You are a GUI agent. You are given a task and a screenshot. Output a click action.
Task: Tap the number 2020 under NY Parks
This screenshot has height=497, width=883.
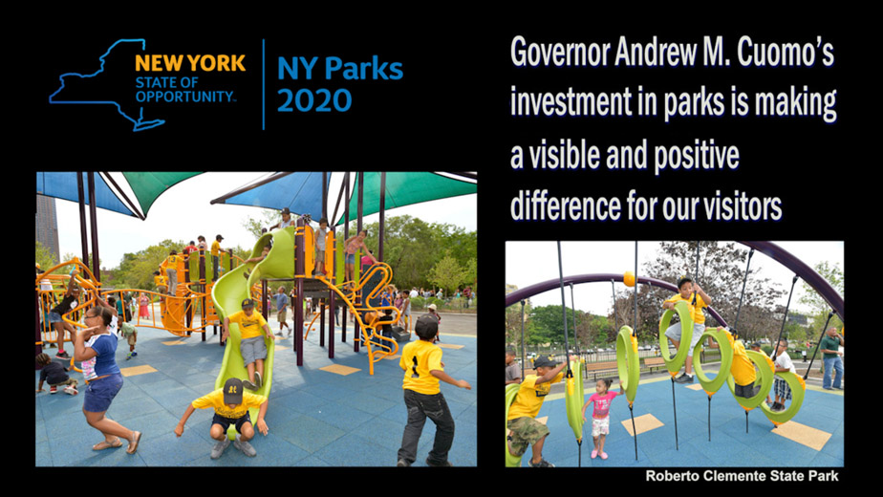click(314, 101)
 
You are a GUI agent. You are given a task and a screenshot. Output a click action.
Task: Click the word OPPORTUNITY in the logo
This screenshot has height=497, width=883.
click(185, 97)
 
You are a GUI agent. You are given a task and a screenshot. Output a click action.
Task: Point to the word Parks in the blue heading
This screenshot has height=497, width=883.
click(364, 69)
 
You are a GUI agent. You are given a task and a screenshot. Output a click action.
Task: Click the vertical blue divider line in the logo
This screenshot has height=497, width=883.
click(264, 84)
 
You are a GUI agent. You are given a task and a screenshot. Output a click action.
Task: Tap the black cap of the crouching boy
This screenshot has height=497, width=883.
click(232, 391)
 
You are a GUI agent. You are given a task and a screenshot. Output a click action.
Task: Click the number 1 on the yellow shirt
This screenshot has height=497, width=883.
click(415, 366)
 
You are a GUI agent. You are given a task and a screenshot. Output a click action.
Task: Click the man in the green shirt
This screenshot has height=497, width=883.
click(832, 357)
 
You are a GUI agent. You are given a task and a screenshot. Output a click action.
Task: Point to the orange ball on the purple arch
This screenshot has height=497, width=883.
click(629, 279)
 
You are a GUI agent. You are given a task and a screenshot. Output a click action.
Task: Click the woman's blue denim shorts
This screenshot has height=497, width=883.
click(102, 392)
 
